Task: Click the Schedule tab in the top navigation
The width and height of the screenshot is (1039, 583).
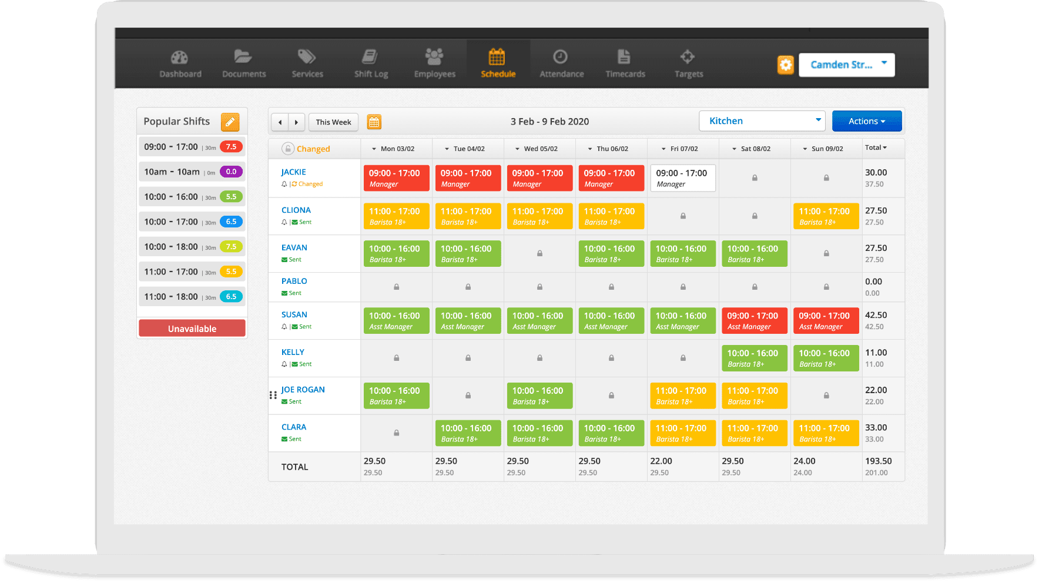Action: (498, 63)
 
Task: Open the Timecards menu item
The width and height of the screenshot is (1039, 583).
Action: (625, 63)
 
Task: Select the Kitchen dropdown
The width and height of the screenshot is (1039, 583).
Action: (762, 121)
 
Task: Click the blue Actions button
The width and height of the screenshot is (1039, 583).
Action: (866, 121)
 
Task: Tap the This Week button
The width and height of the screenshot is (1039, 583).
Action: (333, 122)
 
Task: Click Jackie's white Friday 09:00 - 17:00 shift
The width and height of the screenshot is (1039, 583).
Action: (682, 178)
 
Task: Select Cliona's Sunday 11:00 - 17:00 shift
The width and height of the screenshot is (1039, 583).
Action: (826, 216)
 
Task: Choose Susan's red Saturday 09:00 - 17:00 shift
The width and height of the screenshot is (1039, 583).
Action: (754, 320)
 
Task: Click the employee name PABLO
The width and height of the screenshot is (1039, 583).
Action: (294, 281)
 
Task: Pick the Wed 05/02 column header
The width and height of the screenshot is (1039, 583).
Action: (540, 149)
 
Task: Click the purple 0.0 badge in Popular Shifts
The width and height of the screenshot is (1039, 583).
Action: (231, 172)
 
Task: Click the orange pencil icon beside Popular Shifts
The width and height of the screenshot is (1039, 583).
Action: (230, 122)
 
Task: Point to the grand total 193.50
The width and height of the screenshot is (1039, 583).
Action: (878, 461)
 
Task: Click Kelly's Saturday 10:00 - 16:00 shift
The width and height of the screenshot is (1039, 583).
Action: (754, 358)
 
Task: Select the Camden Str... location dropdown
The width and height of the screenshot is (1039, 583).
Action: (846, 65)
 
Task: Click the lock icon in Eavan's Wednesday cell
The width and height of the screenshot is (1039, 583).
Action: (539, 253)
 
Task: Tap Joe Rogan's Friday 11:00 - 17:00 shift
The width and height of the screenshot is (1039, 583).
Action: (682, 396)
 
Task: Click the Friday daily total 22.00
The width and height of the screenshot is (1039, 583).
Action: (661, 461)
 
